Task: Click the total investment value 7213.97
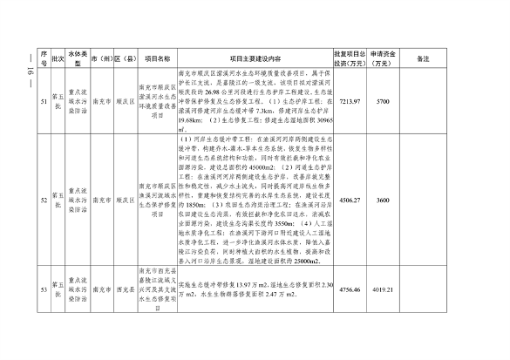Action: (x=349, y=101)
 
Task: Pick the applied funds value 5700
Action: (x=382, y=101)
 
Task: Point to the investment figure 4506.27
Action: (x=349, y=200)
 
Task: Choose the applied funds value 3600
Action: (x=382, y=200)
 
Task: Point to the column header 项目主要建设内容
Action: (x=253, y=58)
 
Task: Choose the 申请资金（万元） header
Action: (x=382, y=58)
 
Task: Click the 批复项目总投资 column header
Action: (x=349, y=58)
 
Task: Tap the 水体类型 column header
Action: (x=78, y=58)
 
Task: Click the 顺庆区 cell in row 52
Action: (x=127, y=200)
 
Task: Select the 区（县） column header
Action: (x=127, y=58)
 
